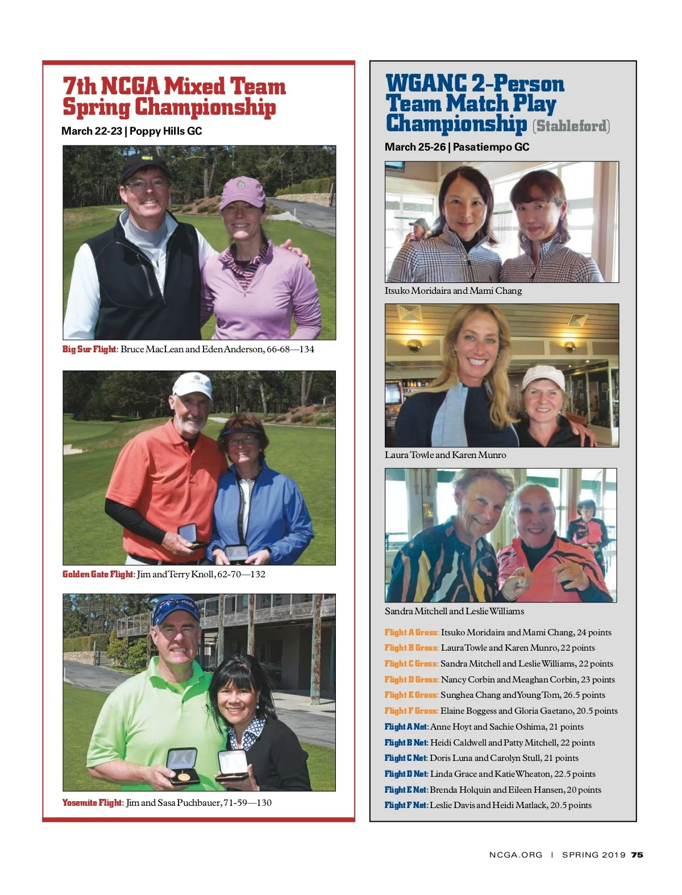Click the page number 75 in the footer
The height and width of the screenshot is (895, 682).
(637, 855)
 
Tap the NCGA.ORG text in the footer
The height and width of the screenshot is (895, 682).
(515, 855)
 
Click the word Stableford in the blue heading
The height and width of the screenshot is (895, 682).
(571, 126)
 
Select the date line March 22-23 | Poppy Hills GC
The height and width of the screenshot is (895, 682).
(131, 131)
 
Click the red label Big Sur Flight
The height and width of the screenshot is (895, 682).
(89, 349)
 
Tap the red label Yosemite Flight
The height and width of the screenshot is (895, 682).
(92, 802)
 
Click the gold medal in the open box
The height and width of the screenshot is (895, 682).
(184, 776)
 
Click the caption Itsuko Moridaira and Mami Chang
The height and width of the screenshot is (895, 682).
(453, 290)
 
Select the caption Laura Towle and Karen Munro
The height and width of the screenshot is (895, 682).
(445, 455)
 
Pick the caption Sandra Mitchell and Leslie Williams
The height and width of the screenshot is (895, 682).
(454, 611)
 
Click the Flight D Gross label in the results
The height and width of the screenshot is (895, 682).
(411, 679)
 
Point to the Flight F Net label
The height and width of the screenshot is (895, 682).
(405, 805)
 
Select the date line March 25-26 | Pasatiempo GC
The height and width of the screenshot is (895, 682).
(456, 147)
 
